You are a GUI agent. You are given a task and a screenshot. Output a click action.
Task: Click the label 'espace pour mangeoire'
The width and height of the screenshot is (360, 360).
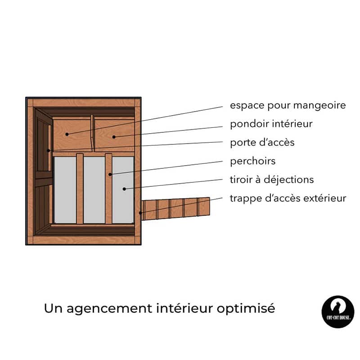coord(288,106)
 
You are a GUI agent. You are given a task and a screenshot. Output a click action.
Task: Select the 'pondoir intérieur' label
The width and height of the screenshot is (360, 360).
coord(271,124)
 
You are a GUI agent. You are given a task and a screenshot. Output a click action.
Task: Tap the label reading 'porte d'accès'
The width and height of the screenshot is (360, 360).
coord(262,143)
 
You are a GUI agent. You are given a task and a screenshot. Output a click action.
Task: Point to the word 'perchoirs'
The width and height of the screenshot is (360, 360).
coord(252,161)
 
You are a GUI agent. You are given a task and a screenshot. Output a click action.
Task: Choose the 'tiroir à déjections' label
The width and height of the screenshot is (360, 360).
coord(272,180)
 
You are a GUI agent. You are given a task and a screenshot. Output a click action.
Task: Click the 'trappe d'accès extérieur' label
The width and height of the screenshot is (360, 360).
coord(288,198)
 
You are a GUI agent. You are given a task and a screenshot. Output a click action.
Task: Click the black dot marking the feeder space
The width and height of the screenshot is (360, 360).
coord(67,134)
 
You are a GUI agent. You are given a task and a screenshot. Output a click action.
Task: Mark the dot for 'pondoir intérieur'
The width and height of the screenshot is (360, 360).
coord(114,137)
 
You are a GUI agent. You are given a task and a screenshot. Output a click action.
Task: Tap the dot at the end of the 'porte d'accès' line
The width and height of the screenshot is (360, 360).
coord(49,151)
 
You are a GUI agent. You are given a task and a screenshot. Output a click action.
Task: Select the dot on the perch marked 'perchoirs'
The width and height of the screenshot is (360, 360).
coord(110,175)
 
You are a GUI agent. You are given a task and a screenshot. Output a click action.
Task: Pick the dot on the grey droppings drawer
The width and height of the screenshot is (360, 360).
coord(124,189)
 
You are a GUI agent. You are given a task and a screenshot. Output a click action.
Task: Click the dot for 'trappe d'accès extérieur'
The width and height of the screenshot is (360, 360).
coord(140,213)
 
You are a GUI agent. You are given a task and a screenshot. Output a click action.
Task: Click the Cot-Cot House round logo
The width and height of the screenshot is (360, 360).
coord(338,311)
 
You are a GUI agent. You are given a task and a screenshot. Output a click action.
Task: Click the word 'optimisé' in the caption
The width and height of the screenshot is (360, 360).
coord(246,309)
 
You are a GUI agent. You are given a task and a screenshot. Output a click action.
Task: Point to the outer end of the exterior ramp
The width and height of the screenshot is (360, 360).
coord(209,206)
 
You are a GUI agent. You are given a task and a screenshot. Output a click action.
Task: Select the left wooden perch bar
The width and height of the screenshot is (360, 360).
coord(80,189)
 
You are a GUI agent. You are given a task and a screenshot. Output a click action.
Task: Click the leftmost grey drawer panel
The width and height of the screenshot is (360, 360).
coord(65,190)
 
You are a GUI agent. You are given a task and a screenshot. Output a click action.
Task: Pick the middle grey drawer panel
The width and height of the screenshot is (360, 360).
coord(94,190)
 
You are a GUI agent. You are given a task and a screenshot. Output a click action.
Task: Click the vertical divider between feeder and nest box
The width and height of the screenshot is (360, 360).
coord(93,133)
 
